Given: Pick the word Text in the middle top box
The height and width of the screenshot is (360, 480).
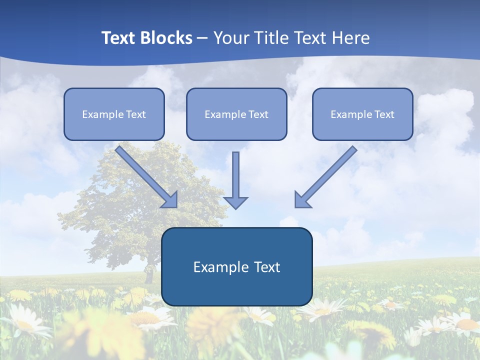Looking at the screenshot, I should (258, 114).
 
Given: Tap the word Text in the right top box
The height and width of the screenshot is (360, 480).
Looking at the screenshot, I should (384, 114).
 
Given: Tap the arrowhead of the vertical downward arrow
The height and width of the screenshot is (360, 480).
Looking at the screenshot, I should (235, 202).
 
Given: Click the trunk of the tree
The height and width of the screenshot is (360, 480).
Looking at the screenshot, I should (148, 274).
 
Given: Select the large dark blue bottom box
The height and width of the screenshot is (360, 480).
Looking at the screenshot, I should (236, 290).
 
